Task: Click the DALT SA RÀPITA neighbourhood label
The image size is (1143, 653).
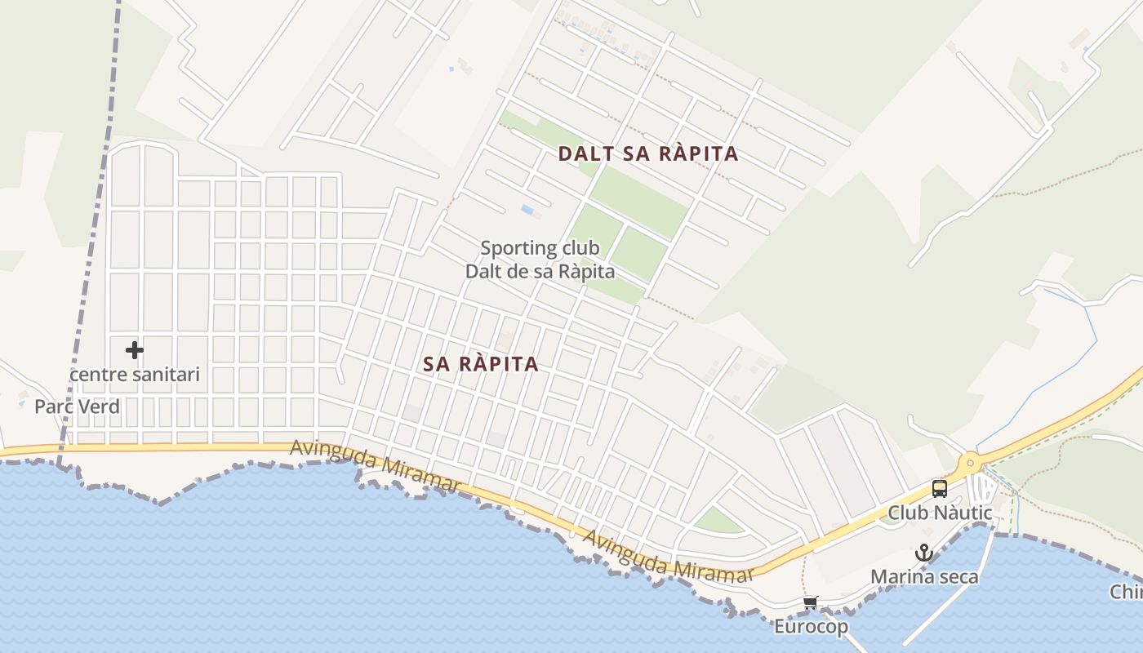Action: click(x=648, y=153)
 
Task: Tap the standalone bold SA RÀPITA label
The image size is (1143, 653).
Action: click(x=481, y=364)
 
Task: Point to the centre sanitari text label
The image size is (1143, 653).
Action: click(x=135, y=375)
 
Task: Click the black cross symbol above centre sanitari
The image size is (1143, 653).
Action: click(x=135, y=350)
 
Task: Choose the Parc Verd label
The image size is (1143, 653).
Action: click(x=77, y=406)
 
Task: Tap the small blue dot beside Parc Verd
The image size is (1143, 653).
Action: click(x=21, y=404)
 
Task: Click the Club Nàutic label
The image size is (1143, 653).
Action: click(x=940, y=513)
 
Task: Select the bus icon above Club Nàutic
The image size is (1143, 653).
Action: click(x=940, y=489)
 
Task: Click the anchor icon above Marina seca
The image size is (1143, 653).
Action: click(x=923, y=553)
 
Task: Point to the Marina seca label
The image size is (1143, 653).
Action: click(x=924, y=576)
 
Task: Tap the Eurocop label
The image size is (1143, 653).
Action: click(x=811, y=627)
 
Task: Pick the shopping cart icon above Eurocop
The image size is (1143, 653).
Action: click(x=810, y=603)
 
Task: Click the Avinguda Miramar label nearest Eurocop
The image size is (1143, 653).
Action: click(x=668, y=558)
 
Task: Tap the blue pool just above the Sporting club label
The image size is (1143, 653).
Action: click(x=527, y=211)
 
